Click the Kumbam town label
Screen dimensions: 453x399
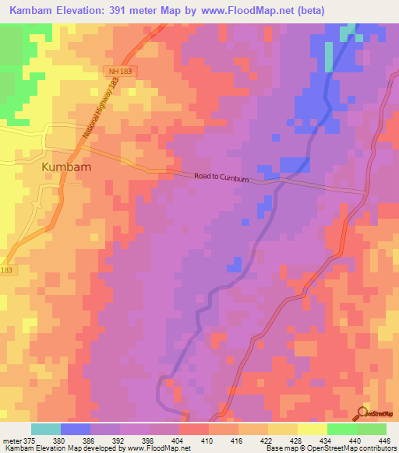(x=66, y=167)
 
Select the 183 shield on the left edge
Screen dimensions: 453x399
(x=5, y=270)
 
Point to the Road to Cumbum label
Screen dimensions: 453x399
(x=221, y=178)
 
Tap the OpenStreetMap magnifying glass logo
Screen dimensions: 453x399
(x=364, y=413)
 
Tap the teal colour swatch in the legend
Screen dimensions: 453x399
(x=46, y=429)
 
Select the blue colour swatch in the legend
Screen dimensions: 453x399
(x=76, y=429)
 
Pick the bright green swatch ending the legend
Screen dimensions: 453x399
(x=372, y=429)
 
